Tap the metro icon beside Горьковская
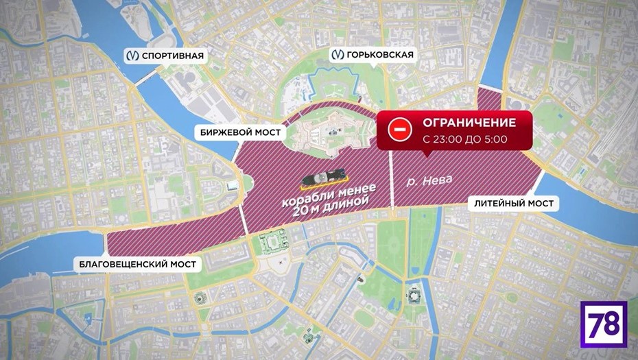337,55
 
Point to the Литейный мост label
513,204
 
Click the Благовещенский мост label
137,264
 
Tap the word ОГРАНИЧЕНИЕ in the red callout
469,123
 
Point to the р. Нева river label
429,180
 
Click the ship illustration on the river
327,177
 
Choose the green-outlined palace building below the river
274,243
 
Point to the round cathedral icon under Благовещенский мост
200,298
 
